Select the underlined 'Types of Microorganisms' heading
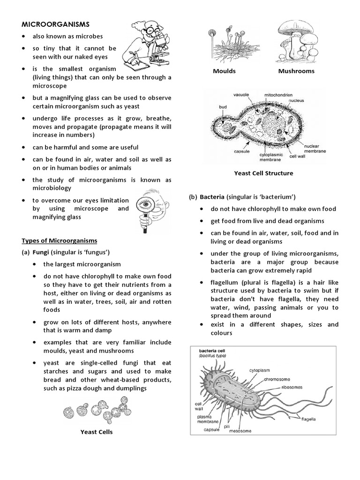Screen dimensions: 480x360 60,240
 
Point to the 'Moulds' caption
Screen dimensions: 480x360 224,71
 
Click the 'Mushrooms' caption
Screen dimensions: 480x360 296,71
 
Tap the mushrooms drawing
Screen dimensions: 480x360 296,39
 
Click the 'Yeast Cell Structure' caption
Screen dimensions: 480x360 263,173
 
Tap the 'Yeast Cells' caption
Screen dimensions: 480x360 97,432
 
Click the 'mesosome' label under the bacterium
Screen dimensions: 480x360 240,431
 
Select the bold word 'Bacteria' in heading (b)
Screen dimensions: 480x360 213,196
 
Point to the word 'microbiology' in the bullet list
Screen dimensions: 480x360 52,188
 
